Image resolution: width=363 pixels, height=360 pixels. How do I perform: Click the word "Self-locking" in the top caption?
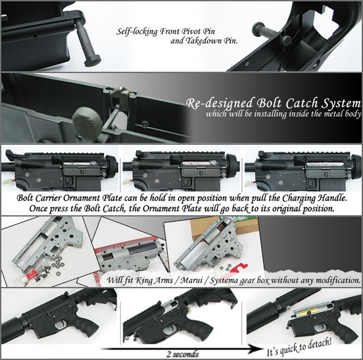[137, 32]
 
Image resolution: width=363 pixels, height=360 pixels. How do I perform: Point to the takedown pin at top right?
[271, 32]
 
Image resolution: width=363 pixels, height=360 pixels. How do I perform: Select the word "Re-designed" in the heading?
[220, 103]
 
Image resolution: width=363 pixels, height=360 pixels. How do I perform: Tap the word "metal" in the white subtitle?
[327, 114]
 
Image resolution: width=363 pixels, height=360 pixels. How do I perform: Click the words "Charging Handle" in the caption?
[314, 198]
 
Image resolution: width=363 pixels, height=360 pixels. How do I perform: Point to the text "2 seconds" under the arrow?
[183, 354]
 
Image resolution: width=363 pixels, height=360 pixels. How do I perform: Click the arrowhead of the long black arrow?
[255, 349]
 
